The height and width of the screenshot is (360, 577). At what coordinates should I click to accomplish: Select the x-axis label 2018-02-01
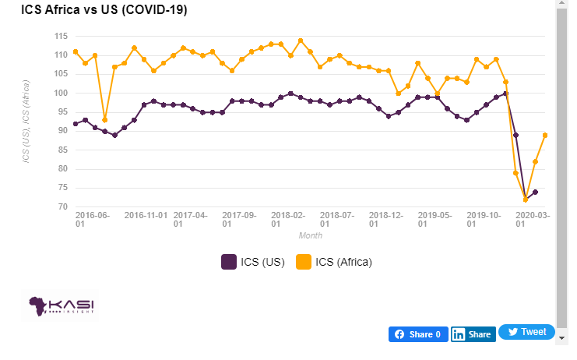click(288, 217)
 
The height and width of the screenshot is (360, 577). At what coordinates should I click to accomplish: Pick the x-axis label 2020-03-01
click(533, 217)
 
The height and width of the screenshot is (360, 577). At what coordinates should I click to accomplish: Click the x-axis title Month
click(311, 235)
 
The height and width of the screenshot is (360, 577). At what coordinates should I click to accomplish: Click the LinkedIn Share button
click(473, 334)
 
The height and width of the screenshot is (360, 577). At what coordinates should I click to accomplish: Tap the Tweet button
click(526, 332)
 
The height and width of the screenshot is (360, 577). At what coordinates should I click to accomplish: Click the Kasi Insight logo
click(62, 306)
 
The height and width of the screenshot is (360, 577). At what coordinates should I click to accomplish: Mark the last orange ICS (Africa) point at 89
click(545, 135)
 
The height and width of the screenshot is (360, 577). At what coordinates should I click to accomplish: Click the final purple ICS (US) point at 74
click(535, 192)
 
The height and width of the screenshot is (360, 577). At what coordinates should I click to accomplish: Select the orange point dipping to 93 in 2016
click(105, 120)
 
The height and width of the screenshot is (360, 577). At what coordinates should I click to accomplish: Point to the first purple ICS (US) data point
click(76, 124)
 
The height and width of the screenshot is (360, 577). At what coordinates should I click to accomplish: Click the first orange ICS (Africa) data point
click(76, 51)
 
